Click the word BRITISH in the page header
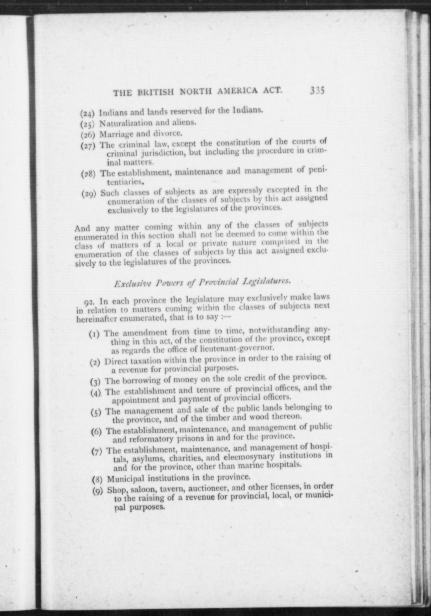pyautogui.click(x=157, y=92)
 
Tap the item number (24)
pyautogui.click(x=88, y=114)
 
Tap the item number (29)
pyautogui.click(x=89, y=194)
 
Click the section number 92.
pyautogui.click(x=89, y=302)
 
